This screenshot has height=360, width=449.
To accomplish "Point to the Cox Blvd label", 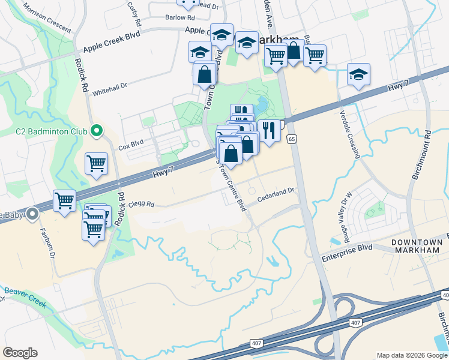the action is click(131, 145).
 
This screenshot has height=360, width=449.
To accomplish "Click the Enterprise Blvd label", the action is click(347, 248).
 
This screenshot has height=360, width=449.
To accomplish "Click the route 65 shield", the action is click(292, 139).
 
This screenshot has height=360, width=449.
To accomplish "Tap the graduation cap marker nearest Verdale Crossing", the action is click(358, 74).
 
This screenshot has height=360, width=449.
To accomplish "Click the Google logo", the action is click(20, 353).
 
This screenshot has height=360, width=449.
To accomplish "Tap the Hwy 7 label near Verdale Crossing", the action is click(397, 88).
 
